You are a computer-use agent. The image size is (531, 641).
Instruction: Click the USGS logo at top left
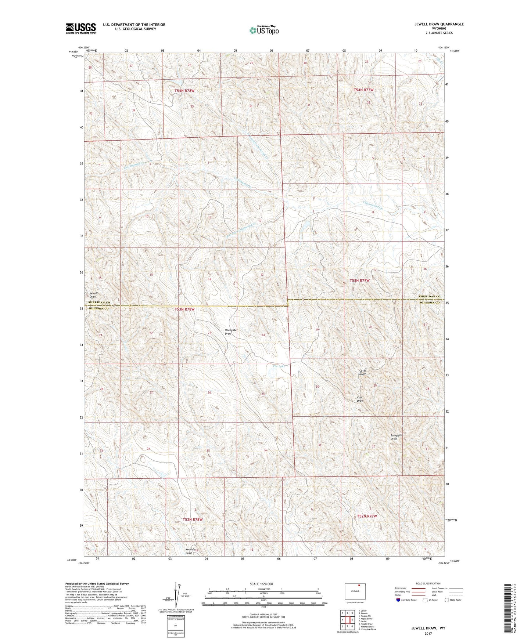coord(81,28)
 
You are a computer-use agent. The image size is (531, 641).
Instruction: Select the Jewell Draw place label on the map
coord(93,295)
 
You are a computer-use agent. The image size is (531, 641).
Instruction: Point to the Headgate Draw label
coord(230,332)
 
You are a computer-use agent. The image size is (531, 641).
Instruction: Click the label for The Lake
coord(279,366)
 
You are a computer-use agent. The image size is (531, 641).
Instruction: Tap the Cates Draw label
coord(363,372)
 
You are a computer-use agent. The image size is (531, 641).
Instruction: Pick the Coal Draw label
coord(360,399)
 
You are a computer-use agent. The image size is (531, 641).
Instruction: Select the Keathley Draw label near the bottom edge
coord(189,551)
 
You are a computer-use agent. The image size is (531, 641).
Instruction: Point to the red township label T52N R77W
coord(367,516)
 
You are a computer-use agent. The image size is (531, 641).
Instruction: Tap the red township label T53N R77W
coord(359,280)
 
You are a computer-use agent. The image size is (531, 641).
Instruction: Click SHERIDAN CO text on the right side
coord(429,296)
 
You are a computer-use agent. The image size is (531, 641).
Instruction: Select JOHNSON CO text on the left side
coord(98,309)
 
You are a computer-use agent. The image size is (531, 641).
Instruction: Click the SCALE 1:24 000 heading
coord(261,584)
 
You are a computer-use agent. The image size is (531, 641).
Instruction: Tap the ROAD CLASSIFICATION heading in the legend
coord(428,583)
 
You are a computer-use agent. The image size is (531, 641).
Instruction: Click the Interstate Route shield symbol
coord(398,600)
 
